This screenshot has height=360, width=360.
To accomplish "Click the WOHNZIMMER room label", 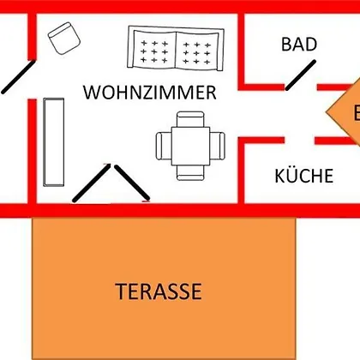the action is [150, 93].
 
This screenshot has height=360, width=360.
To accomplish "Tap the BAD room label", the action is [299, 45].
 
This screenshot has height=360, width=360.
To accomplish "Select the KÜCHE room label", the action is [304, 176].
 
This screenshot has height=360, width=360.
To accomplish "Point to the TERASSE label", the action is [159, 291].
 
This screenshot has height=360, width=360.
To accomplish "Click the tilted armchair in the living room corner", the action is [64, 39].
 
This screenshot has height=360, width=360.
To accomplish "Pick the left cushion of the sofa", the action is [154, 51].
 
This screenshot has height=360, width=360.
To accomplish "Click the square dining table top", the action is [190, 146].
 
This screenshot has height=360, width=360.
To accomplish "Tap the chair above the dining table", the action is [190, 119].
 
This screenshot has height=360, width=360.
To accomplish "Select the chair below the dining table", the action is [190, 172].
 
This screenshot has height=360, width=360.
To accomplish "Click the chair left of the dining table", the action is [164, 146].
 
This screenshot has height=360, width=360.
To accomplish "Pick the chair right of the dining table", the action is [218, 146].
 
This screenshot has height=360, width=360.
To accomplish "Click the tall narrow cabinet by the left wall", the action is [54, 142].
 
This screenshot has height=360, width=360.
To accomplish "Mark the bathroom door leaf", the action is [301, 75].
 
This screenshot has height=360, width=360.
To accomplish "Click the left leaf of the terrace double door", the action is [92, 183].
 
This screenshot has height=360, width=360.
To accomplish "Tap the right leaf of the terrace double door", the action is [132, 183].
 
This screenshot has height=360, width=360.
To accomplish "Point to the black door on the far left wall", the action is [18, 77].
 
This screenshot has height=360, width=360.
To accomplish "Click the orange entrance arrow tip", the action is [327, 113].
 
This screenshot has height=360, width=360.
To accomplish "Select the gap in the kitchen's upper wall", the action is [300, 141].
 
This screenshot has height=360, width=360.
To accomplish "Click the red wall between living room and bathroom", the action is [241, 51].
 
